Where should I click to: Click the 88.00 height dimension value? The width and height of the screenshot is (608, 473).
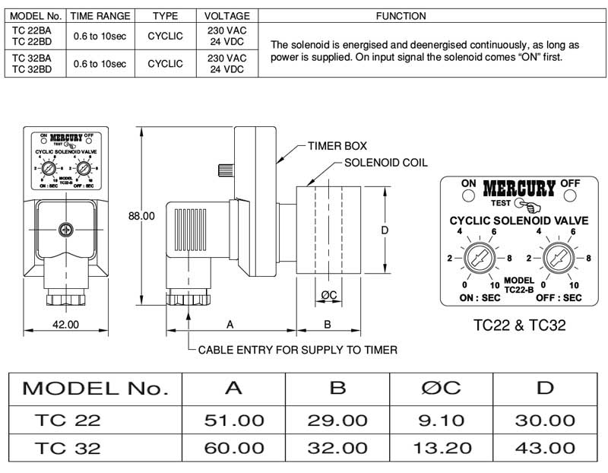[141, 216]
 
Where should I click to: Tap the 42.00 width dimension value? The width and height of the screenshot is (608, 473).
[65, 324]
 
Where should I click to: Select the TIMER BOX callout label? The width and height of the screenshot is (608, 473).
[337, 145]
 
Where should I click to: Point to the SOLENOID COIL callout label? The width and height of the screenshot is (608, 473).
[386, 163]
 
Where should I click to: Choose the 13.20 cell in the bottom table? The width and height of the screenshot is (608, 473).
[442, 448]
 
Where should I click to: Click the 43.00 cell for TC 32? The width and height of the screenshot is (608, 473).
[544, 448]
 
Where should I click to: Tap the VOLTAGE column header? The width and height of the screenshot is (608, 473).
[226, 15]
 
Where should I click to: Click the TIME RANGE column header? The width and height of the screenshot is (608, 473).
[100, 15]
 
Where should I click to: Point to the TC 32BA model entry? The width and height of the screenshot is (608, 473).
[33, 59]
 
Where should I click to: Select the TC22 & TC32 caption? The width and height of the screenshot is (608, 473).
[519, 325]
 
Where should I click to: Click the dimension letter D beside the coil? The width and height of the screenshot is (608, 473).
[385, 230]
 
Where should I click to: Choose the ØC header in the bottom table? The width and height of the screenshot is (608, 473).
[442, 389]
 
